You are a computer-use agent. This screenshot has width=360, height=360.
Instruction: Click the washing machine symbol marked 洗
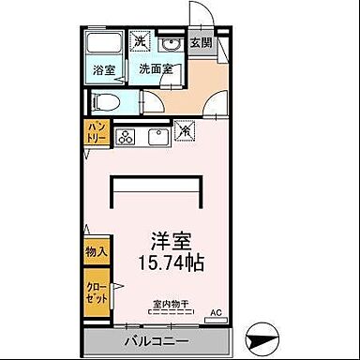pyautogui.click(x=139, y=42)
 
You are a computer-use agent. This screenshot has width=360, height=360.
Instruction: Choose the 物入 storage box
pyautogui.click(x=97, y=251)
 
